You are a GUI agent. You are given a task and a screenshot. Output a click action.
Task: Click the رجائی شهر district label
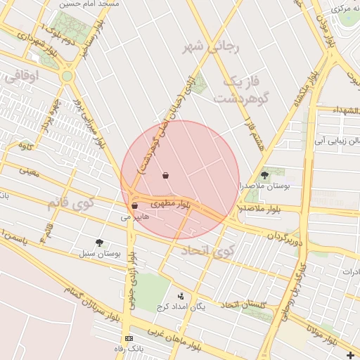(211, 48)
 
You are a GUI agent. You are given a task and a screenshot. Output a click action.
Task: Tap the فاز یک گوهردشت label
(245, 89)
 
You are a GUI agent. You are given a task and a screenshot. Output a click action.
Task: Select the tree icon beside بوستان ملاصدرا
(264, 175)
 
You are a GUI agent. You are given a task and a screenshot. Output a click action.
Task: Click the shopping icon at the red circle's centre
(165, 175)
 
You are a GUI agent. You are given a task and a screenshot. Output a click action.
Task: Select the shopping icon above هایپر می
(134, 206)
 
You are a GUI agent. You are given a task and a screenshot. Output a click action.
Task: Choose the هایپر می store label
(135, 217)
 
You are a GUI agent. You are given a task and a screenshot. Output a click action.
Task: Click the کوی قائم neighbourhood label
(70, 205)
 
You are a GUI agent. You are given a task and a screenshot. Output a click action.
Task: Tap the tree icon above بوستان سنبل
(99, 242)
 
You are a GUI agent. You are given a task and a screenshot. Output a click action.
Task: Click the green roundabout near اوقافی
(67, 75)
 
